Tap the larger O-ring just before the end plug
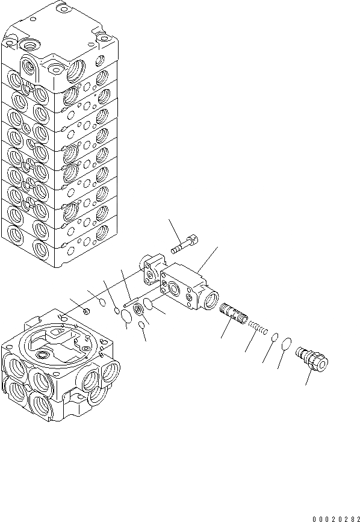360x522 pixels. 286,344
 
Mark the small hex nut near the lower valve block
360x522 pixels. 87,311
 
